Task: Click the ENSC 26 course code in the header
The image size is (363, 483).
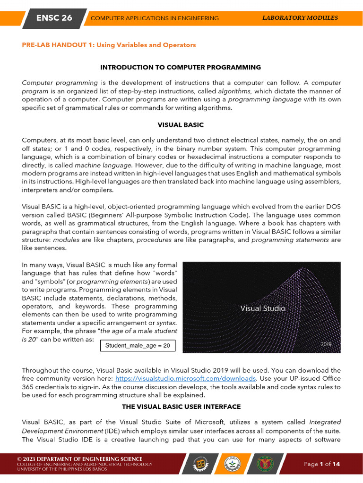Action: click(x=54, y=18)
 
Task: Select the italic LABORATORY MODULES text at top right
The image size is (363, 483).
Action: click(x=300, y=18)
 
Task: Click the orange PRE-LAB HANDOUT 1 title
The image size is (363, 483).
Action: click(x=109, y=45)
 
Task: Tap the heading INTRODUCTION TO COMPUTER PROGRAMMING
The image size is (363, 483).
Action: click(x=181, y=67)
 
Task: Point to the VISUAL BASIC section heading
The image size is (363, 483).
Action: click(x=181, y=125)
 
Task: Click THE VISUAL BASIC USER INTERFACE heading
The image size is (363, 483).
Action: click(x=181, y=407)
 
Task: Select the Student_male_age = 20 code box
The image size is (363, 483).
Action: click(x=138, y=346)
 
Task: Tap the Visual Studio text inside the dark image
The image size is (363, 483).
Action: click(x=263, y=308)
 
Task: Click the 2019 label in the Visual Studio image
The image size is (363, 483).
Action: click(x=326, y=344)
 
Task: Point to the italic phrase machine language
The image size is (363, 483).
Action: click(x=104, y=165)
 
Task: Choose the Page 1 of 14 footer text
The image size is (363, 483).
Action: click(x=322, y=464)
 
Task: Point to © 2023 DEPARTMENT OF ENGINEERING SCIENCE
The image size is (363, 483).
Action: click(x=79, y=459)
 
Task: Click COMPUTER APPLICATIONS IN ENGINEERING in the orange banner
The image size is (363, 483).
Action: click(x=155, y=18)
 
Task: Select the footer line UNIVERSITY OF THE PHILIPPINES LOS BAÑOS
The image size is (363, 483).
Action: click(x=65, y=470)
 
